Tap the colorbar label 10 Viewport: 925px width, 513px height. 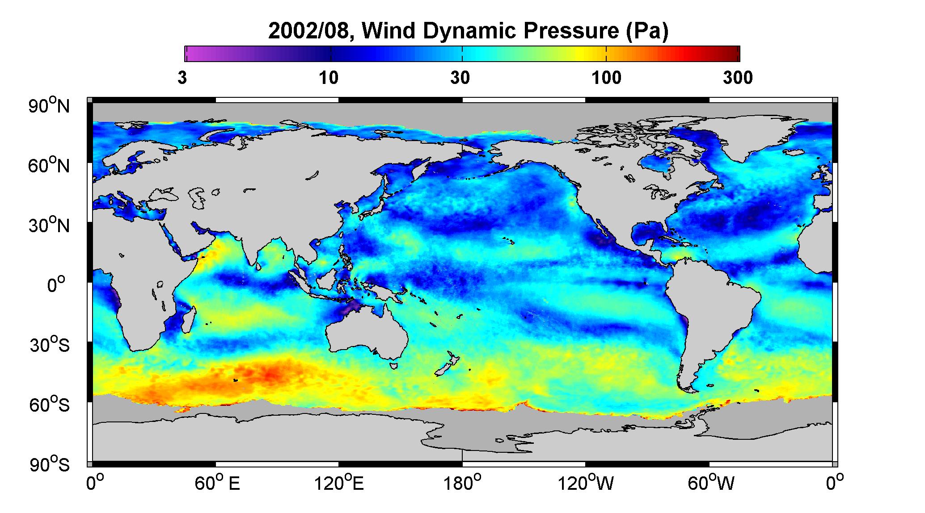coord(329,78)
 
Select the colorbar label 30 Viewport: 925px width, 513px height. coord(460,78)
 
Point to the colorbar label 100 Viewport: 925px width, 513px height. coord(606,78)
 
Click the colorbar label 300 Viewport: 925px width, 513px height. coord(738,78)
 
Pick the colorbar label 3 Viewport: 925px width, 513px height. coord(182,78)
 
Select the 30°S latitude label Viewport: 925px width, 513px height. coord(50,345)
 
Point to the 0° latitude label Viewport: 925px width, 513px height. coord(56,285)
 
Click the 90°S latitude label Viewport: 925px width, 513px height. coord(50,464)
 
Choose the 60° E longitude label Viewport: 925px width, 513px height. coord(217,483)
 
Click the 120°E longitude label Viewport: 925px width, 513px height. coord(339,483)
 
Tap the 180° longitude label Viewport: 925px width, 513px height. coord(462,483)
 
